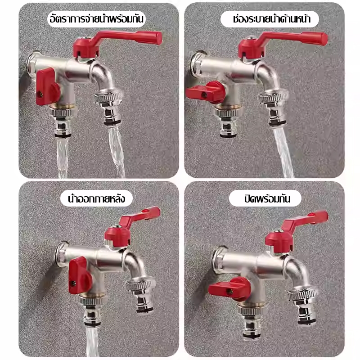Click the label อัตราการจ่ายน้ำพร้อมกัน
(x=96, y=19)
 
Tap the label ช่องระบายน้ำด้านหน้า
(x=272, y=19)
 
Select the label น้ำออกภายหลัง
(x=97, y=198)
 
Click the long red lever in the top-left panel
(x=119, y=41)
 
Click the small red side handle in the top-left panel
(x=48, y=87)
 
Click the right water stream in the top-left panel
(x=117, y=152)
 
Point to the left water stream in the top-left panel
(x=63, y=158)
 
